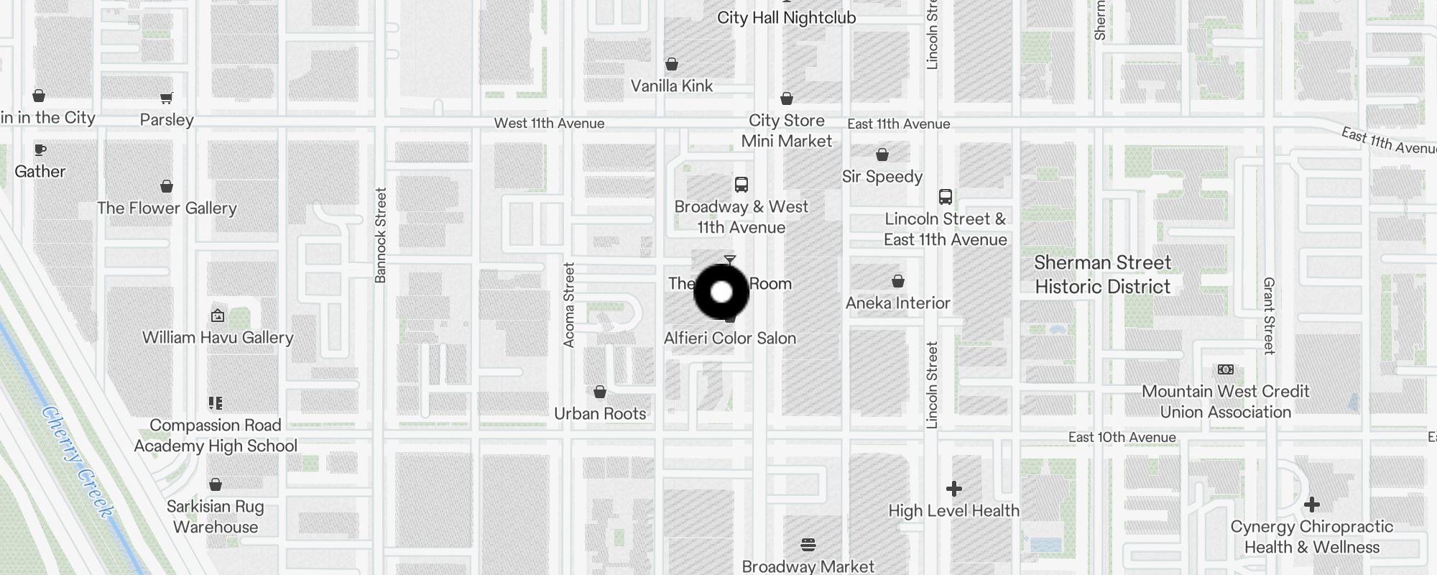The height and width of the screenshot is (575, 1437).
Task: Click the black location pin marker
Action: [x=721, y=292]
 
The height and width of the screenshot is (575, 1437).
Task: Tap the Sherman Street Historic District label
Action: [x=1102, y=275]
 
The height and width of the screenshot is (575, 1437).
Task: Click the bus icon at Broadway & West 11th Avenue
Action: [x=741, y=185]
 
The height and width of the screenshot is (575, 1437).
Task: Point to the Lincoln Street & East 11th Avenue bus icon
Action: [x=946, y=197]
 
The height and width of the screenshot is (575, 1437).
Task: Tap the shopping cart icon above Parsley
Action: [x=166, y=98]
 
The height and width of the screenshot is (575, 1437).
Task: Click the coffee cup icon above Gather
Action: [x=40, y=149]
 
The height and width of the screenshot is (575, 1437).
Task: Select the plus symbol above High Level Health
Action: [x=953, y=489]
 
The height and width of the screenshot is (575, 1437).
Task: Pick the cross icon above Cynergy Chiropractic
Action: [x=1311, y=505]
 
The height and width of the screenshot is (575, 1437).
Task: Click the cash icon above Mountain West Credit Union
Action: [x=1226, y=369]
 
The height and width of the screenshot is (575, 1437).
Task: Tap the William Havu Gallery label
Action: [x=218, y=337]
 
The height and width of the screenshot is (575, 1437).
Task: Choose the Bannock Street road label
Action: [x=381, y=235]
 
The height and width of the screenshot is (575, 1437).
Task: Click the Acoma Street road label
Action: [x=569, y=305]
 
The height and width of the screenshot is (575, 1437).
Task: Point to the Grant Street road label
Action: [x=1269, y=316]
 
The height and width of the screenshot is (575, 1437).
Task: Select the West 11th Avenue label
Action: [x=549, y=124]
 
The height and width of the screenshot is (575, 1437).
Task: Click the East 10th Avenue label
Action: [x=1122, y=437]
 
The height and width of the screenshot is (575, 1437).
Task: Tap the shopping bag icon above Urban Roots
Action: [x=600, y=392]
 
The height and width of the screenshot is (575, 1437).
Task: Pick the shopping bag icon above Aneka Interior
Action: [x=897, y=281]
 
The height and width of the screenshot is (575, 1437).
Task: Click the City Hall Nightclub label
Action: [x=786, y=18]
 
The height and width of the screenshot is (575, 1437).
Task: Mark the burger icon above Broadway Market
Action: [x=808, y=545]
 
